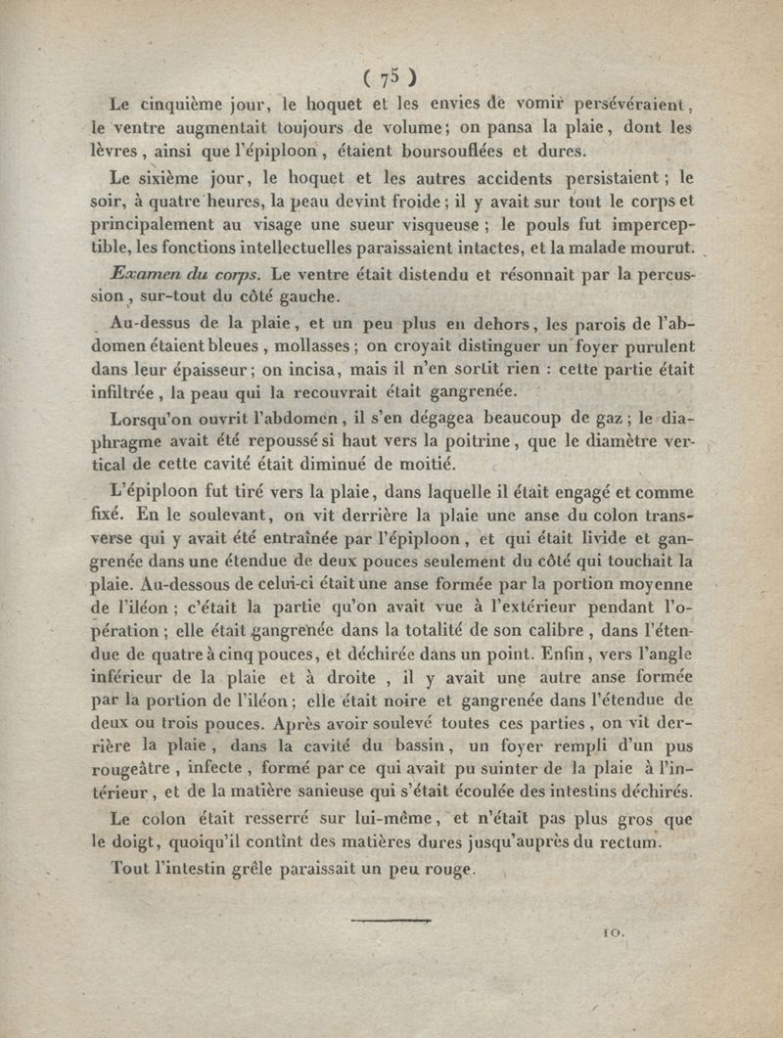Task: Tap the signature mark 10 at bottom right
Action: [615, 934]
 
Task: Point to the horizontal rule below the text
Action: [391, 921]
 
